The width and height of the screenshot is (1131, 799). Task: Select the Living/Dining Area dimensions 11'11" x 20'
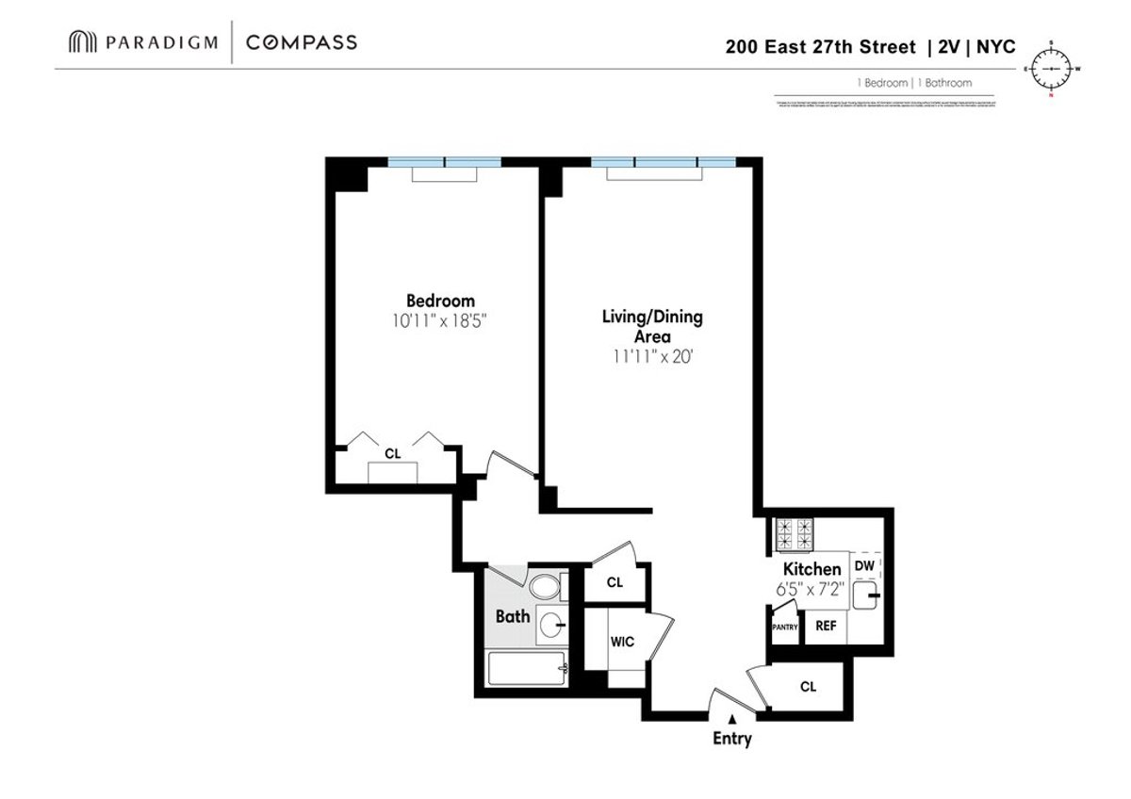[651, 357]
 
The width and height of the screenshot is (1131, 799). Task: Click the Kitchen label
[811, 569]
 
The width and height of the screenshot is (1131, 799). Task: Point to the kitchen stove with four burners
[793, 534]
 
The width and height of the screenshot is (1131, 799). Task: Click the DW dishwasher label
[864, 565]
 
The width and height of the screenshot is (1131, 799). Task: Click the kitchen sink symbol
[869, 595]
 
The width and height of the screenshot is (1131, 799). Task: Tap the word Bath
[513, 617]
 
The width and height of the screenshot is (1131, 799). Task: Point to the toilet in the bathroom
[544, 588]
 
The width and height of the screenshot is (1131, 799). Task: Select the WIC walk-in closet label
[622, 642]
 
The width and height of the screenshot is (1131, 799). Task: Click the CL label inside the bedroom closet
[393, 453]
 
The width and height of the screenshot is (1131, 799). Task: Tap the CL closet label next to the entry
[808, 687]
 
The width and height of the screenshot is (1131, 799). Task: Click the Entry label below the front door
[731, 739]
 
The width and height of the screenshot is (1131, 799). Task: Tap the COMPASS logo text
[301, 42]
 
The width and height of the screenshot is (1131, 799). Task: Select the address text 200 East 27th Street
[821, 46]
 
